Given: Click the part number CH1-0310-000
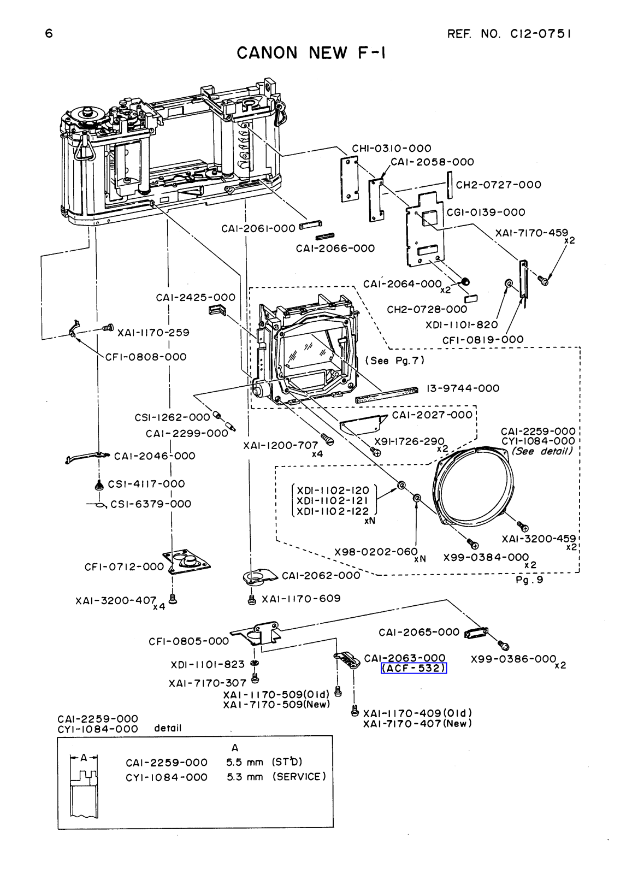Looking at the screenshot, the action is click(x=392, y=148).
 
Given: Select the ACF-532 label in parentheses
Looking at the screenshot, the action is click(x=413, y=669).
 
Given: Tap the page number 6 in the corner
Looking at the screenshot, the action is click(x=49, y=33).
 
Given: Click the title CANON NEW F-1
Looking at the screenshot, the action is click(x=311, y=52).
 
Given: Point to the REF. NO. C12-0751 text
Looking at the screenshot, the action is click(x=509, y=34).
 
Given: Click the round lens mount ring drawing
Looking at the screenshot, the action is click(x=474, y=487).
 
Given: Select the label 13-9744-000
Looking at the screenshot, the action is click(x=463, y=388).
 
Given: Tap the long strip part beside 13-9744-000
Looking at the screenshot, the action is click(x=387, y=394).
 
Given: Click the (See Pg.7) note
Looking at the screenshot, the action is click(x=394, y=360).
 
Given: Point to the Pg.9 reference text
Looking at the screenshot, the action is click(x=529, y=580).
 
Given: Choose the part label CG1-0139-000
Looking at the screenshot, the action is click(x=486, y=212).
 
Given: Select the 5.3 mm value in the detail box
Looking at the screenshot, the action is click(x=245, y=777).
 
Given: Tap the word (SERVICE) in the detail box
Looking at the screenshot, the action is click(x=299, y=776).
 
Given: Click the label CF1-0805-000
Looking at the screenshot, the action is click(x=189, y=641).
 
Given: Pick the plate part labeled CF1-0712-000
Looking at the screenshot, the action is click(x=186, y=563).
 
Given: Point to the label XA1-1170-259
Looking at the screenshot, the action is click(x=153, y=333).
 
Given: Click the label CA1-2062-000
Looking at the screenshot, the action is click(x=321, y=576).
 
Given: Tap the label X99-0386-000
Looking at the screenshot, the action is click(x=513, y=659).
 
